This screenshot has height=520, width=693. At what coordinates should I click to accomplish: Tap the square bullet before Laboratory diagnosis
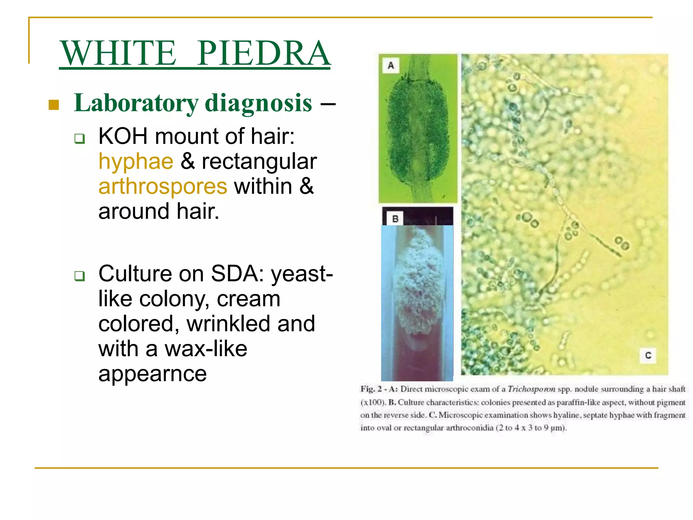(x=54, y=105)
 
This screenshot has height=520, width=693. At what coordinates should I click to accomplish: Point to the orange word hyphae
(x=136, y=161)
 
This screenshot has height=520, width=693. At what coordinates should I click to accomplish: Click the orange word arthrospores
(x=163, y=186)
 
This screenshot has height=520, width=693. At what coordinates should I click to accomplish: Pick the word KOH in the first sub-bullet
(x=123, y=136)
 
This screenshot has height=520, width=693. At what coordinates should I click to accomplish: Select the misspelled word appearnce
(x=152, y=374)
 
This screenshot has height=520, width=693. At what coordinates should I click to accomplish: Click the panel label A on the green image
(x=391, y=65)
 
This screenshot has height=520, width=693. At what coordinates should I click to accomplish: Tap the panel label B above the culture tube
(x=395, y=219)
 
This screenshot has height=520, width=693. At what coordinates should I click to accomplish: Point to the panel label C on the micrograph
(x=648, y=355)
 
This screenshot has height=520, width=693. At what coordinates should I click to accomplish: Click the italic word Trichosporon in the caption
(x=531, y=389)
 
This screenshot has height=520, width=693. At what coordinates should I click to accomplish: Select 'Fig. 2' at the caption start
(x=371, y=389)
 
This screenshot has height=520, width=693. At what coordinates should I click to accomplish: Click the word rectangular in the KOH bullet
(x=259, y=161)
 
